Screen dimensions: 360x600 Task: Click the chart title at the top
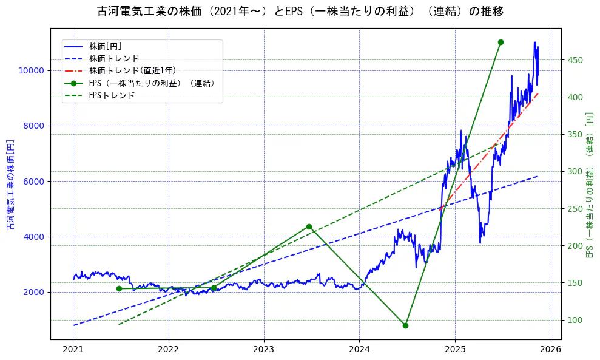pos(300,12)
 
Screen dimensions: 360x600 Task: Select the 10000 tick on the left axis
pos(32,70)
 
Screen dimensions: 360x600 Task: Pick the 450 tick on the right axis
pos(575,60)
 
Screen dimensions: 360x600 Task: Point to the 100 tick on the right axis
pos(575,320)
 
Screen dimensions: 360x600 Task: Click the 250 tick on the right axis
pos(575,209)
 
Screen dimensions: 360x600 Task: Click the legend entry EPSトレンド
pos(112,95)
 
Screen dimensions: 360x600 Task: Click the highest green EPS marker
pos(501,42)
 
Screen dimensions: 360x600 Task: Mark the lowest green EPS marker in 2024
pos(405,325)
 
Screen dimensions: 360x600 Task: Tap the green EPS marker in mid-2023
pos(309,226)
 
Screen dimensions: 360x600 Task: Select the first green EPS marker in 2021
pos(119,288)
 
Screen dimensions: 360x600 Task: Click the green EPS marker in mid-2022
pos(214,288)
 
